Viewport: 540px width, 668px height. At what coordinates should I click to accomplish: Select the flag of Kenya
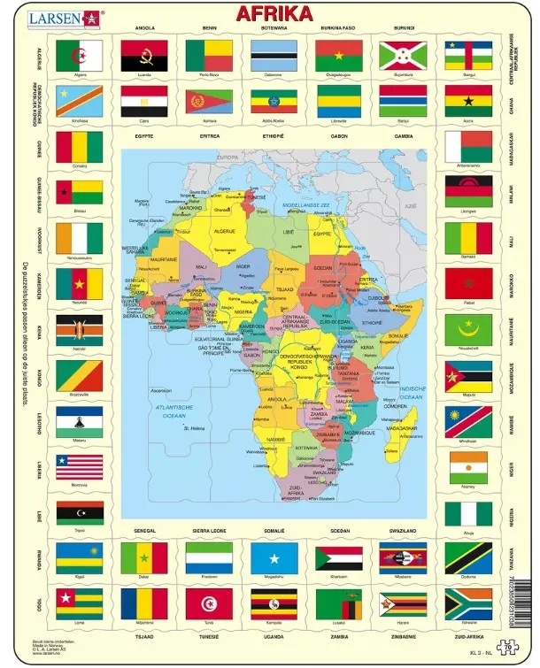[x=80, y=330]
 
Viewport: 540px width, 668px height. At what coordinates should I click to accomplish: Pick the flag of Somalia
[x=274, y=558]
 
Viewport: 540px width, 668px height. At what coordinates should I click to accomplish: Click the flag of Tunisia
[x=208, y=604]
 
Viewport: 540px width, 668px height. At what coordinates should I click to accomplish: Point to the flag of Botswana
[x=274, y=56]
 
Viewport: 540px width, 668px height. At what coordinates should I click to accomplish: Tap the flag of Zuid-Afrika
[x=468, y=604]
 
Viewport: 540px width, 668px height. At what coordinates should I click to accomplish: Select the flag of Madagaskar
[x=468, y=146]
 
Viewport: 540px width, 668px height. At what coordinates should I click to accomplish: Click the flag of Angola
[x=143, y=56]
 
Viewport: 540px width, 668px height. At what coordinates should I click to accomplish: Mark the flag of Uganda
[x=274, y=604]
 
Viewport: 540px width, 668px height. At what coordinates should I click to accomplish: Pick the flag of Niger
[x=468, y=466]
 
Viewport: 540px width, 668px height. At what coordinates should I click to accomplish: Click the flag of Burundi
[x=403, y=56]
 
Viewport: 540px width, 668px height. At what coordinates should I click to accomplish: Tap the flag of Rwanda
[x=80, y=558]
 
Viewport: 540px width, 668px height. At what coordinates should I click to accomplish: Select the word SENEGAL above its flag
[x=143, y=531]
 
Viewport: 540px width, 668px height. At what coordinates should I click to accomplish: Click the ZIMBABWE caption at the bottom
[x=403, y=634]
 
